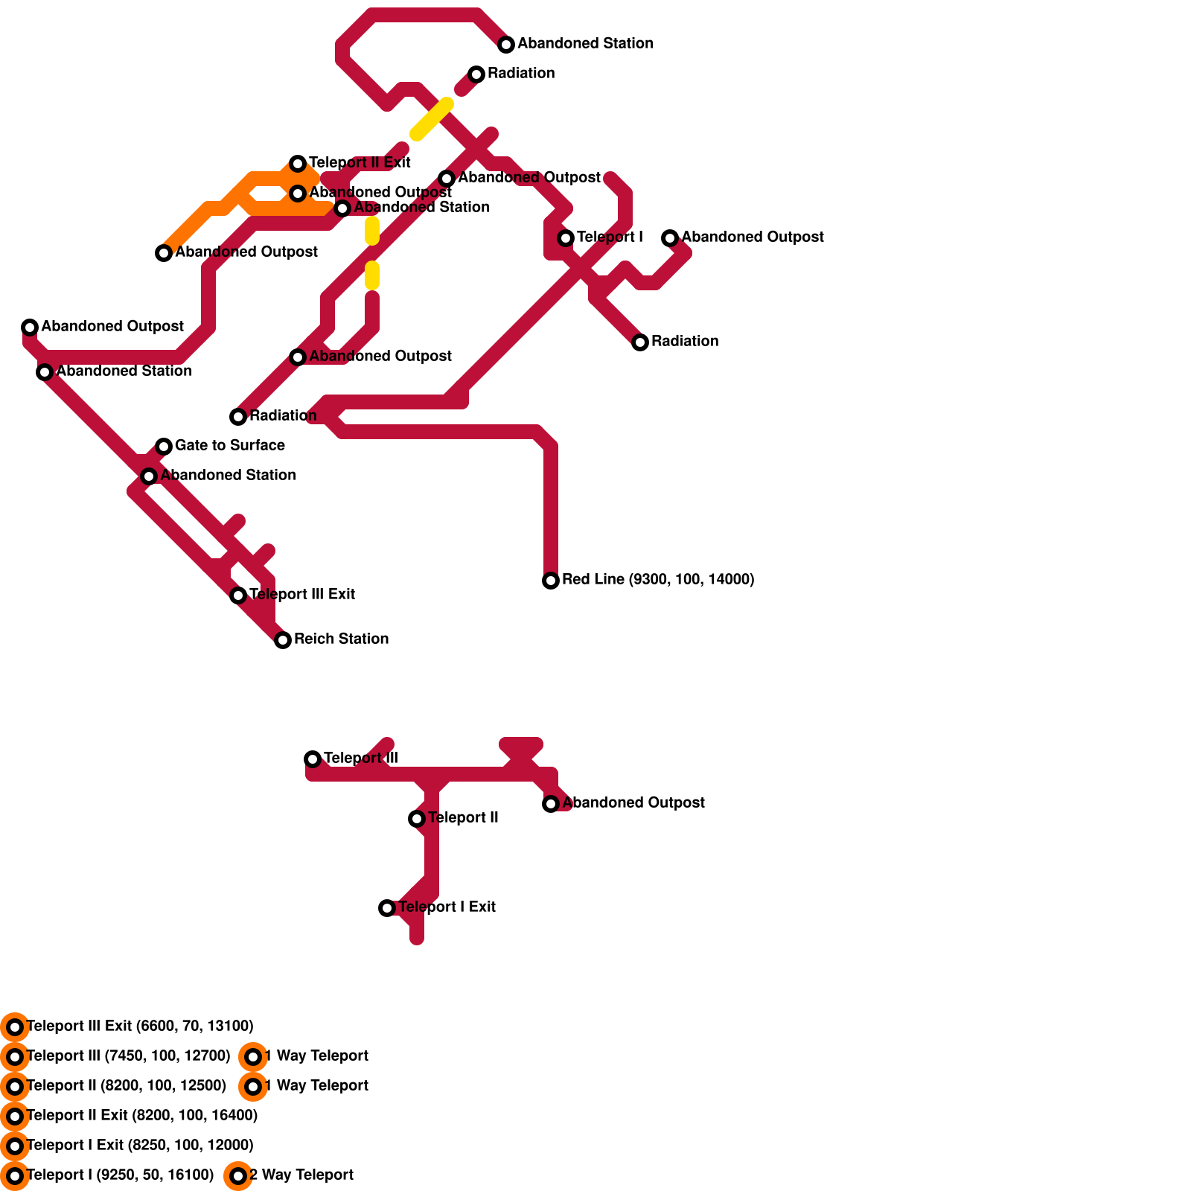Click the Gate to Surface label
pos(230,445)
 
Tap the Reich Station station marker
pos(283,640)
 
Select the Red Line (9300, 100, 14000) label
pos(658,579)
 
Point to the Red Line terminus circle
pos(551,581)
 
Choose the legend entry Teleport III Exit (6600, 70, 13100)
pos(140,1026)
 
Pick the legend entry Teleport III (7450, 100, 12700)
pos(128,1056)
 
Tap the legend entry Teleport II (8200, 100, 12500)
pos(126,1085)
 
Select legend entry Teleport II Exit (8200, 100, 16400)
pos(142,1115)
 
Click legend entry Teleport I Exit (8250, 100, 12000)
pos(140,1145)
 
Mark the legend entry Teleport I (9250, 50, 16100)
pos(120,1175)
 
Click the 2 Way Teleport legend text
pos(301,1175)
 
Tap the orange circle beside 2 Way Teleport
pos(238,1176)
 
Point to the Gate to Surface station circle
pos(164,447)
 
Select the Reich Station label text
pos(341,639)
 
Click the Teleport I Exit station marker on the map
pos(387,908)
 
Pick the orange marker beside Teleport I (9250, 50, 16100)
pos(15,1176)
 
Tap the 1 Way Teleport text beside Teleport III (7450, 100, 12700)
pos(316,1056)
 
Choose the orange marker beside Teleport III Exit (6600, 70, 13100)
pos(15,1027)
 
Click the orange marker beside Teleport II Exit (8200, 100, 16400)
pos(15,1117)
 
